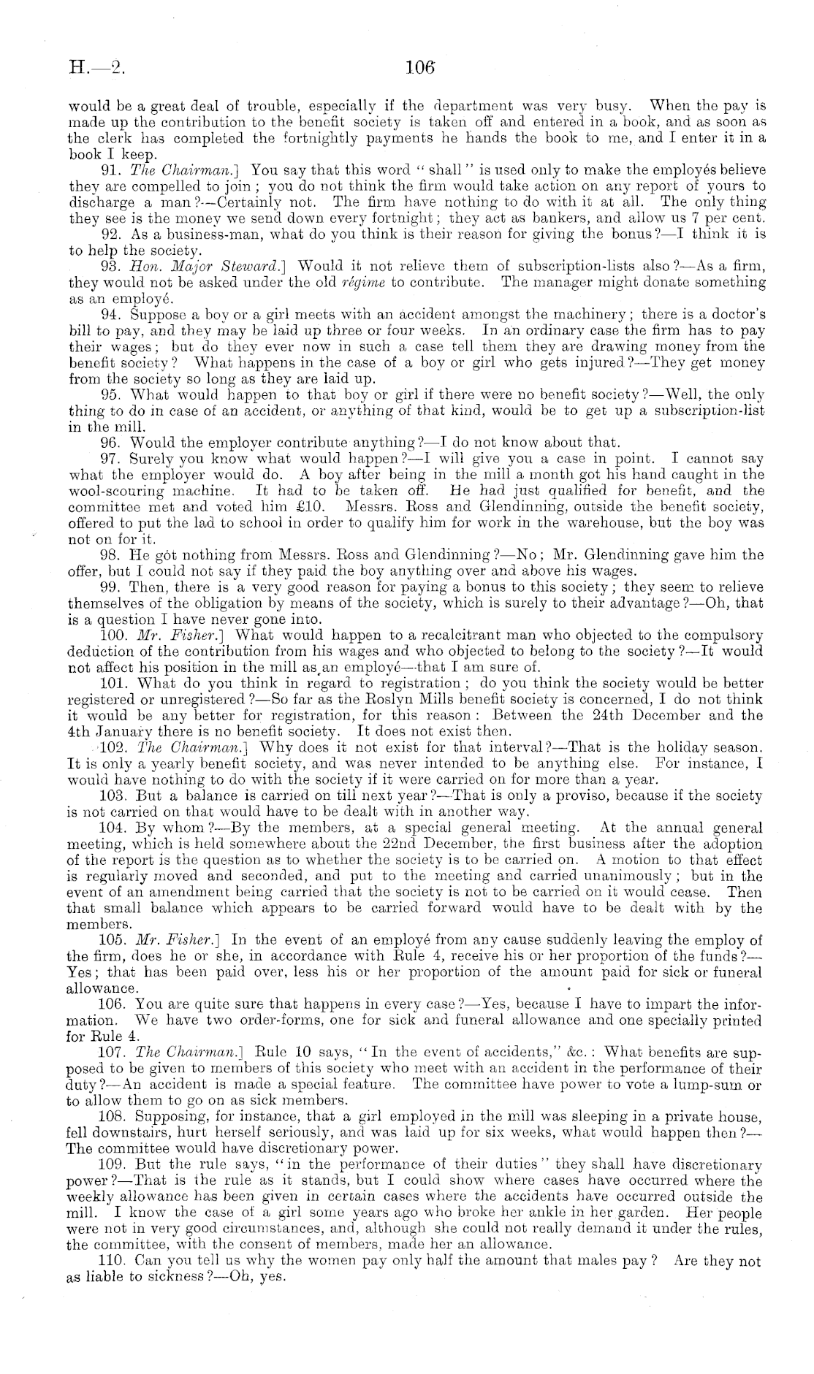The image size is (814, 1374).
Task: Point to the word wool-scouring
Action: click(x=111, y=491)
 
